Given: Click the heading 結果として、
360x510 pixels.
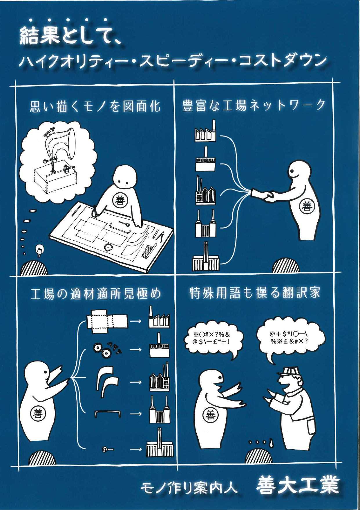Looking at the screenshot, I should click(x=70, y=36).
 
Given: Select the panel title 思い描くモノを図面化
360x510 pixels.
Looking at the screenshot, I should click(x=95, y=106).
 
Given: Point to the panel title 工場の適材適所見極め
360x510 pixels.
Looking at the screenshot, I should click(x=96, y=294).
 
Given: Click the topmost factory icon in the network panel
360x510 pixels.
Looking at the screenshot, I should click(x=205, y=133).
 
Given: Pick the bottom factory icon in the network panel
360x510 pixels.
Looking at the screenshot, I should click(x=205, y=259).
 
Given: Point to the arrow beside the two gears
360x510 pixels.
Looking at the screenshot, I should click(x=135, y=349).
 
